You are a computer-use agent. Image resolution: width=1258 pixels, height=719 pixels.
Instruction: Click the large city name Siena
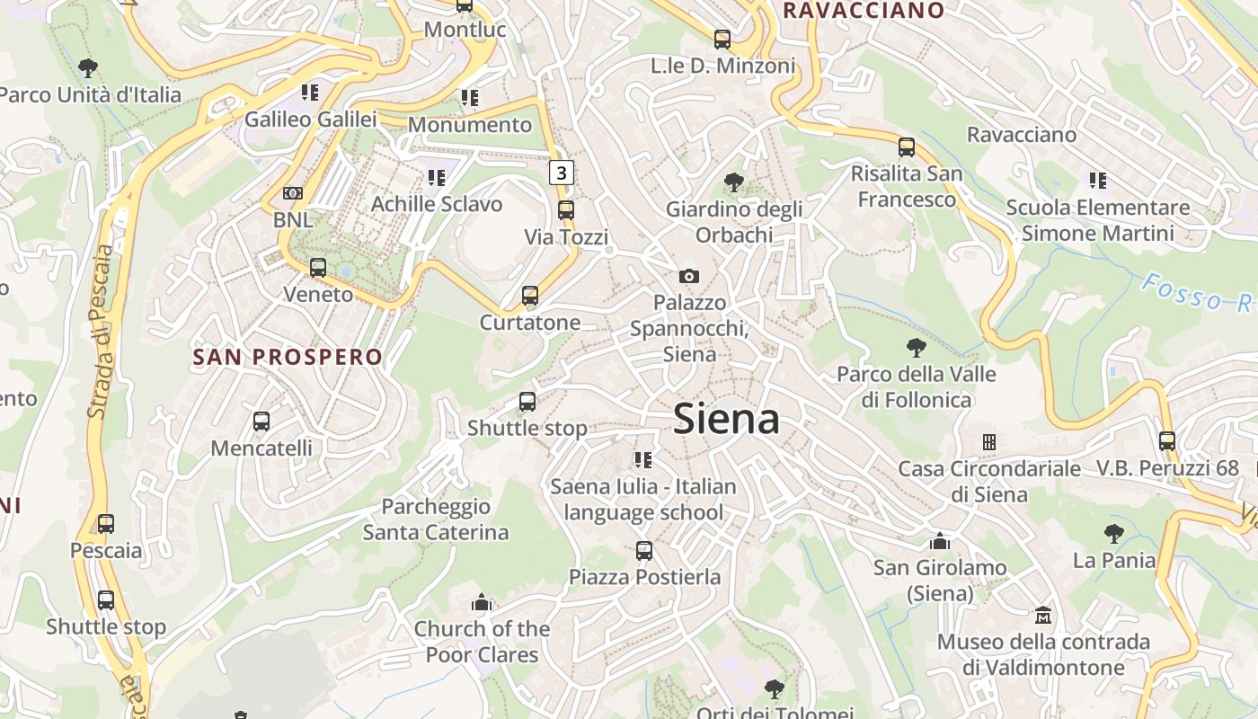(726, 419)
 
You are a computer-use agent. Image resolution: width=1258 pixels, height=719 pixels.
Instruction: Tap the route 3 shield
(562, 172)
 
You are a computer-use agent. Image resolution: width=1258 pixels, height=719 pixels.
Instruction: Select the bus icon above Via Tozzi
(566, 210)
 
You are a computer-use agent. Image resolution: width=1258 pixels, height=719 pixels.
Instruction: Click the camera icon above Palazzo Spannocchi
(689, 276)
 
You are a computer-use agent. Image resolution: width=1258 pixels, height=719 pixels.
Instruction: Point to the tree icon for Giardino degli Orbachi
(734, 182)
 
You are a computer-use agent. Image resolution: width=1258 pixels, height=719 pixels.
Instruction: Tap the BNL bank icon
(293, 193)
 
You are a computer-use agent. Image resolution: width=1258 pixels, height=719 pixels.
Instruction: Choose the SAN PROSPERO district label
(288, 357)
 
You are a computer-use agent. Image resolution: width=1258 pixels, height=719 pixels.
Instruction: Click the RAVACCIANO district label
(864, 11)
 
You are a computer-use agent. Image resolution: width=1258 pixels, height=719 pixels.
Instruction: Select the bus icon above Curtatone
(530, 296)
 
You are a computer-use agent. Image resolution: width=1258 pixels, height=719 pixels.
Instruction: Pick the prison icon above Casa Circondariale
(989, 442)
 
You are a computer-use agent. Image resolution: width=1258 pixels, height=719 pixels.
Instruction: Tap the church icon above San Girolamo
(941, 541)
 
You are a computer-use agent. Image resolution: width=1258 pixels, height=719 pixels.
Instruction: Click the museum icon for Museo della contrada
(1043, 616)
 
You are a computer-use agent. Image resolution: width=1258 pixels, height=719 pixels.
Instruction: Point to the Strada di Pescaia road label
(102, 333)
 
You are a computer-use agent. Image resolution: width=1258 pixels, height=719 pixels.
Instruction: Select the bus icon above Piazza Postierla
(644, 551)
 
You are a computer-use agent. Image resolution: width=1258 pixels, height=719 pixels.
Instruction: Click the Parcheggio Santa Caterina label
(436, 519)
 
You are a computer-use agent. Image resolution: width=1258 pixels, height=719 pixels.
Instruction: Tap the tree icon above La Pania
(1114, 534)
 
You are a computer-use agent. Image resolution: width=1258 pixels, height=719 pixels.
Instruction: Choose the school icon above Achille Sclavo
(437, 178)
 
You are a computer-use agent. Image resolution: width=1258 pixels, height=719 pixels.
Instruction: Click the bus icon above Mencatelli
(261, 422)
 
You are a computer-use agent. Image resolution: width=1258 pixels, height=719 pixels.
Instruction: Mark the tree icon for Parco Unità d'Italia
(88, 67)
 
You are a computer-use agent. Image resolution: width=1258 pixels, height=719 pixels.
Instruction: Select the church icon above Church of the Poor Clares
(482, 602)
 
